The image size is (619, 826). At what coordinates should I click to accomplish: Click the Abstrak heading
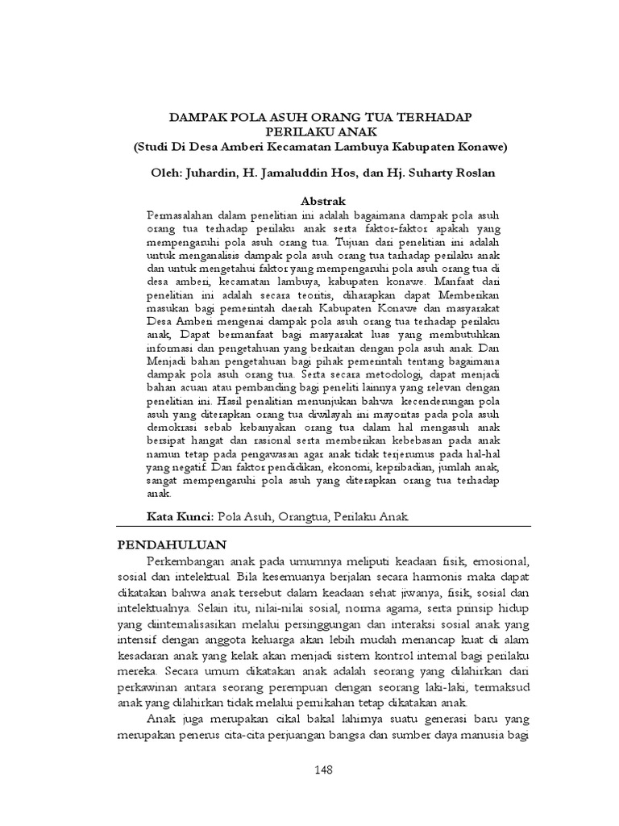click(322, 200)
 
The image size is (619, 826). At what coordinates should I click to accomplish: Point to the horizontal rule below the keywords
click(322, 527)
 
